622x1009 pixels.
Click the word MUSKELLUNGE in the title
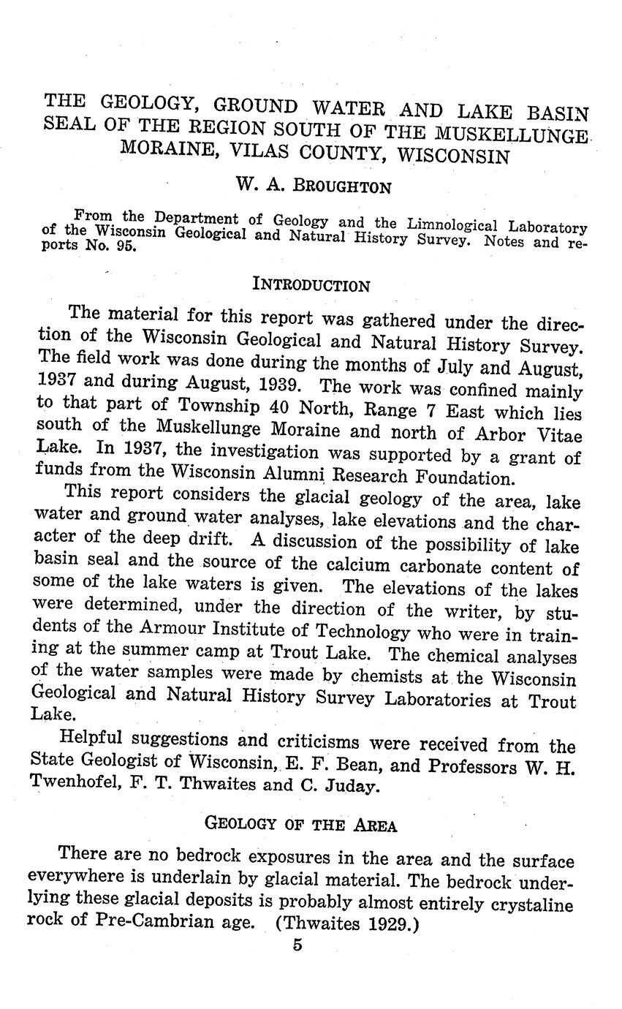coord(511,135)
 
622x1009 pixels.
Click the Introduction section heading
coord(311,284)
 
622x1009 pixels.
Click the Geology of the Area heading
coord(300,825)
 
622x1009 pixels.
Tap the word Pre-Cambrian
coord(153,921)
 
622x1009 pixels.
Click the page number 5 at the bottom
coord(297,945)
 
